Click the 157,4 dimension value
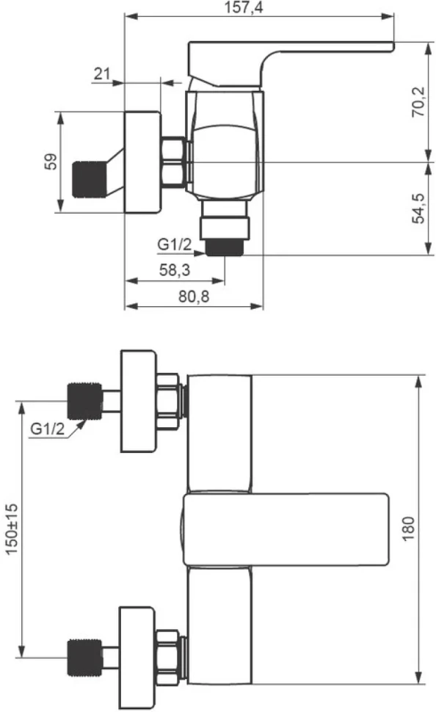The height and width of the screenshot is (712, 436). [x=244, y=8]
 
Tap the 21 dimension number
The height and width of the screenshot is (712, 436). [x=102, y=73]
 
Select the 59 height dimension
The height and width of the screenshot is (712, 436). [x=51, y=161]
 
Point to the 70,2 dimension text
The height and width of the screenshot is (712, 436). [x=418, y=102]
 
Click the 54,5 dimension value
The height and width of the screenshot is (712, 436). [x=418, y=208]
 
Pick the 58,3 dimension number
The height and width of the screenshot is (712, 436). [x=175, y=270]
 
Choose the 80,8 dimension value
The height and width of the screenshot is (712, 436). [x=194, y=297]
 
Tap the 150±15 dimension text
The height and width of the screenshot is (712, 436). [x=12, y=528]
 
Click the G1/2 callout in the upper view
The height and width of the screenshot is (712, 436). [x=175, y=244]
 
